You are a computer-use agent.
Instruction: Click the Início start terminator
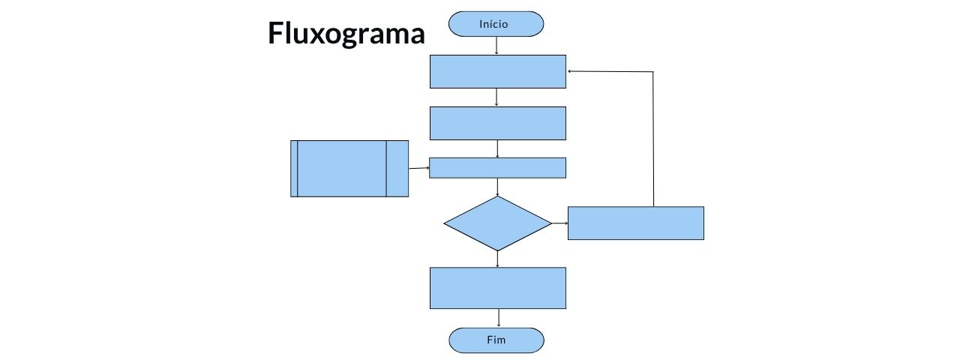496,24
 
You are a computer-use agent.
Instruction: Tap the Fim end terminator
496,340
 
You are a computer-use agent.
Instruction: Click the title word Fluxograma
346,34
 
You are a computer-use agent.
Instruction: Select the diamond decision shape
497,223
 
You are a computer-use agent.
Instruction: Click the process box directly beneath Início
497,71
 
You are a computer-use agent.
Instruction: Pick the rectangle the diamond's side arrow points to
635,223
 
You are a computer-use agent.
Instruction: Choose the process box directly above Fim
497,288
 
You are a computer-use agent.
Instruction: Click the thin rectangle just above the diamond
497,167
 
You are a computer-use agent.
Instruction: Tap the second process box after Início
497,123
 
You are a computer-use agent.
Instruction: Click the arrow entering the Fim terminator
498,318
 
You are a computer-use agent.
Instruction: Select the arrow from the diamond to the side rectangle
559,223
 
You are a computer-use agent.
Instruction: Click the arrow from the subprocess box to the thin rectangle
418,168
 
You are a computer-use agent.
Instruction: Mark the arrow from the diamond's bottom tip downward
497,259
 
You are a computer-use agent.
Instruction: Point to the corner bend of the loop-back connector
653,72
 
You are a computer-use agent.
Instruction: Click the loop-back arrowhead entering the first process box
571,71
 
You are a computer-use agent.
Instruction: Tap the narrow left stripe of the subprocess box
294,169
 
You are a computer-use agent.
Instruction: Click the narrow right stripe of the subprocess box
397,169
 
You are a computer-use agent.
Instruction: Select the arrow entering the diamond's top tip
497,187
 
